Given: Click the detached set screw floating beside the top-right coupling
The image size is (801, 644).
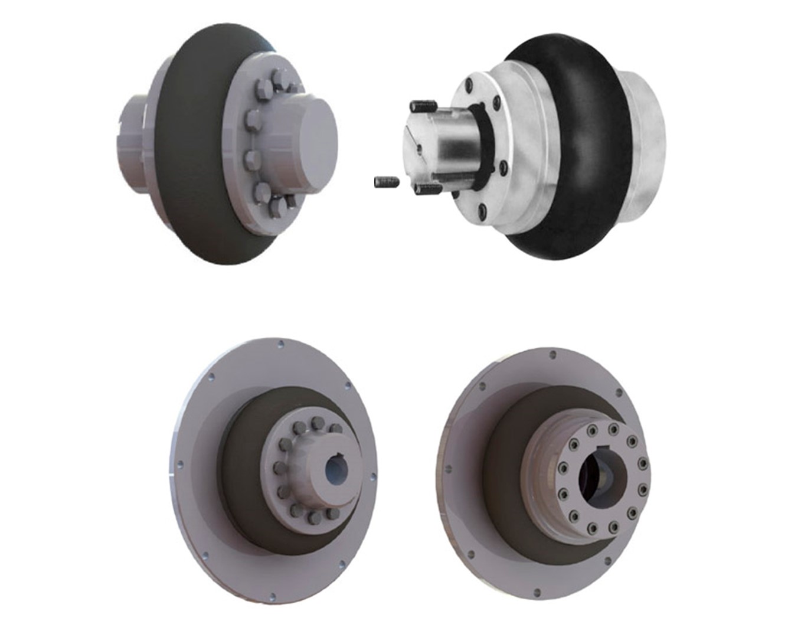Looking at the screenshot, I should (387, 182).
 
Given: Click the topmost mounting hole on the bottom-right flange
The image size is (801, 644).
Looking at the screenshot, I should (552, 355).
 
